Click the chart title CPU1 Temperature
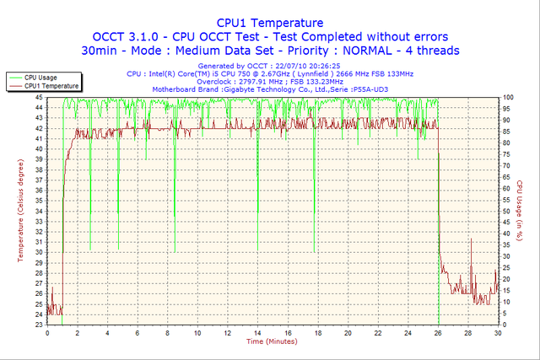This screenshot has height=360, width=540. pyautogui.click(x=269, y=23)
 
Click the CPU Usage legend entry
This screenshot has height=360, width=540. pyautogui.click(x=41, y=77)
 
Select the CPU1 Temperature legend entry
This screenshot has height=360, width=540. pyautogui.click(x=51, y=85)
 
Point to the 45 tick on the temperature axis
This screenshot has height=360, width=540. pyautogui.click(x=40, y=97)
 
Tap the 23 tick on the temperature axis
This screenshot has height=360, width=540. pyautogui.click(x=40, y=325)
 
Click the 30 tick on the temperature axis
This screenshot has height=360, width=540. pyautogui.click(x=40, y=252)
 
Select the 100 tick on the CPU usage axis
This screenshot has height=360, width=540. pyautogui.click(x=509, y=97)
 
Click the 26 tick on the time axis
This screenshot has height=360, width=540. pyautogui.click(x=438, y=333)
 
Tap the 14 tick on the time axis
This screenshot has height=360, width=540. pyautogui.click(x=257, y=333)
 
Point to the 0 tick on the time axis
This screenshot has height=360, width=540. pyautogui.click(x=47, y=333)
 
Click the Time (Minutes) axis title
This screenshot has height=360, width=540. pyautogui.click(x=271, y=341)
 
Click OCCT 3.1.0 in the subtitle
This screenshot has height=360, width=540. pyautogui.click(x=127, y=36)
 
